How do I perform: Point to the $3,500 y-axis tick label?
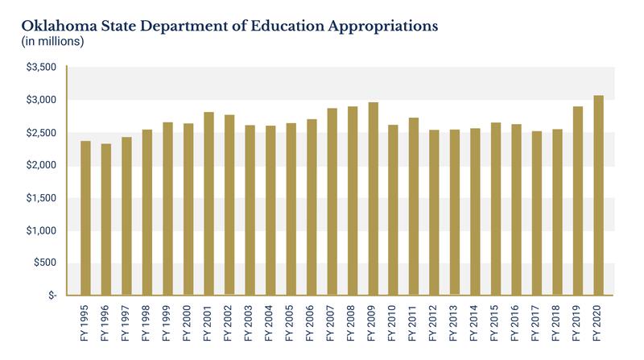pyautogui.click(x=42, y=68)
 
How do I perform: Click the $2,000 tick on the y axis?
pyautogui.click(x=42, y=166)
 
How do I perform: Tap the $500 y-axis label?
pyautogui.click(x=45, y=263)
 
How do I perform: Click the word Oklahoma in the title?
pyautogui.click(x=47, y=24)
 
